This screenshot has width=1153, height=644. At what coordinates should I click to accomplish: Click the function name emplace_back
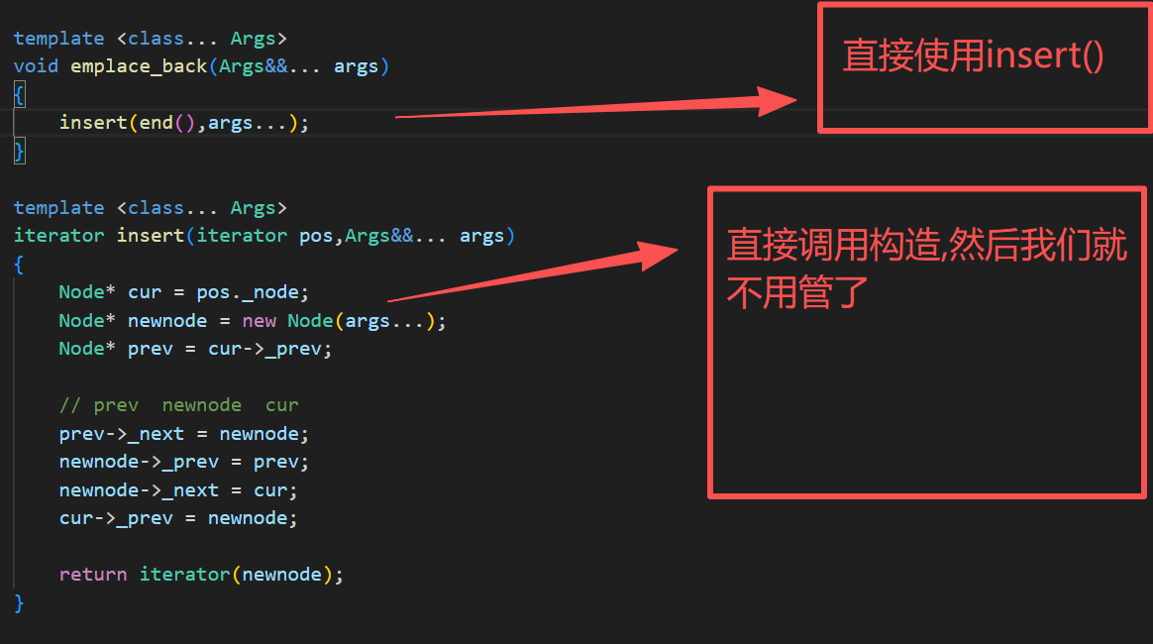click(138, 66)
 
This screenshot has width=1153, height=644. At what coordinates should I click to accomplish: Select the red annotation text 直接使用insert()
click(973, 56)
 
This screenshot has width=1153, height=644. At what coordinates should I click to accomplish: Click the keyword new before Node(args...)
click(260, 321)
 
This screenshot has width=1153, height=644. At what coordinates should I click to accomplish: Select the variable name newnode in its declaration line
click(167, 321)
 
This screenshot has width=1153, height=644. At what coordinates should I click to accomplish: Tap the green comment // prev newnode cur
click(178, 405)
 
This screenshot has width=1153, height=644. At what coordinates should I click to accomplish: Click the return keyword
click(92, 575)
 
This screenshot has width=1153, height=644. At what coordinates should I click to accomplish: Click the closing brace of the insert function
click(19, 602)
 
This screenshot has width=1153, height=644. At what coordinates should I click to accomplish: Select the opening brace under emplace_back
click(19, 94)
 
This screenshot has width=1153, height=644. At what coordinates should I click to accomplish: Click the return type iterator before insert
click(58, 236)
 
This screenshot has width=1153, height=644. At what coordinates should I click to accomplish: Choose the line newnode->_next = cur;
click(178, 490)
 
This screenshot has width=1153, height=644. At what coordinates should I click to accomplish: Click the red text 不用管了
click(797, 293)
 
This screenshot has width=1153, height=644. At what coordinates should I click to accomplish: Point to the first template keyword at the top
click(58, 39)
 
